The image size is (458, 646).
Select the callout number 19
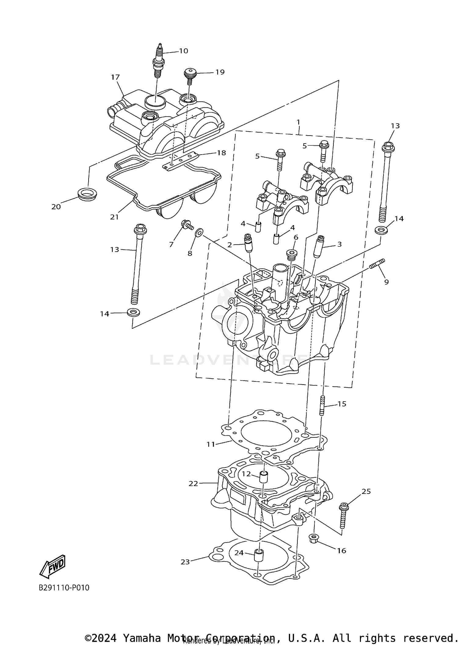pyautogui.click(x=220, y=72)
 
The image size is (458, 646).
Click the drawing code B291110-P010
pyautogui.click(x=64, y=588)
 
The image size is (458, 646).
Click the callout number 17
pyautogui.click(x=115, y=77)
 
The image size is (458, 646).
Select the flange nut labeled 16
pyautogui.click(x=314, y=539)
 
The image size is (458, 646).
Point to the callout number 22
pyautogui.click(x=193, y=484)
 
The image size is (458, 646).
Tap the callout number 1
pyautogui.click(x=298, y=122)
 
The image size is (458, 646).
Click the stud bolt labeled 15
pyautogui.click(x=322, y=405)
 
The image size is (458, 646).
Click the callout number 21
pyautogui.click(x=114, y=217)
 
